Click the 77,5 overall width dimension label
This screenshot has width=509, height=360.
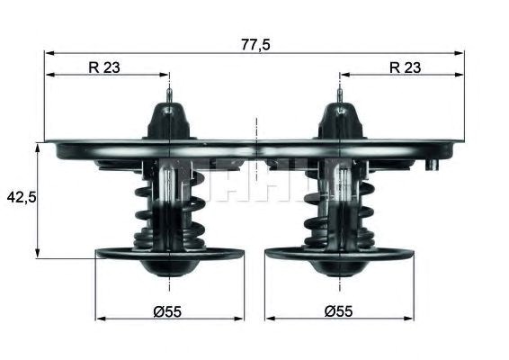255,45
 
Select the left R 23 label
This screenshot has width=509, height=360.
104,67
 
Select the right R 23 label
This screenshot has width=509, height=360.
405,67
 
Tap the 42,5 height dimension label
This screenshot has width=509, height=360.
22,197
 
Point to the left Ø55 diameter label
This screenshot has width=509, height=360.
167,311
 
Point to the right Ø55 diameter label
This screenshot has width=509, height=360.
338,311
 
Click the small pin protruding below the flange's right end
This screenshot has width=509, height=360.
433,165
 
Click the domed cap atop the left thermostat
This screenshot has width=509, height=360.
169,121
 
